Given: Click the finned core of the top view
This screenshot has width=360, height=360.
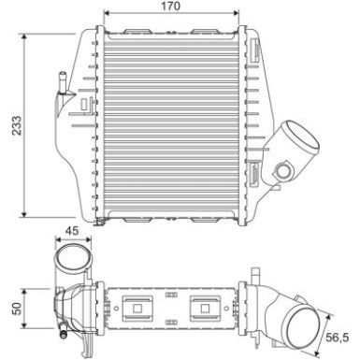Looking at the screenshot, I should click(174, 126).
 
